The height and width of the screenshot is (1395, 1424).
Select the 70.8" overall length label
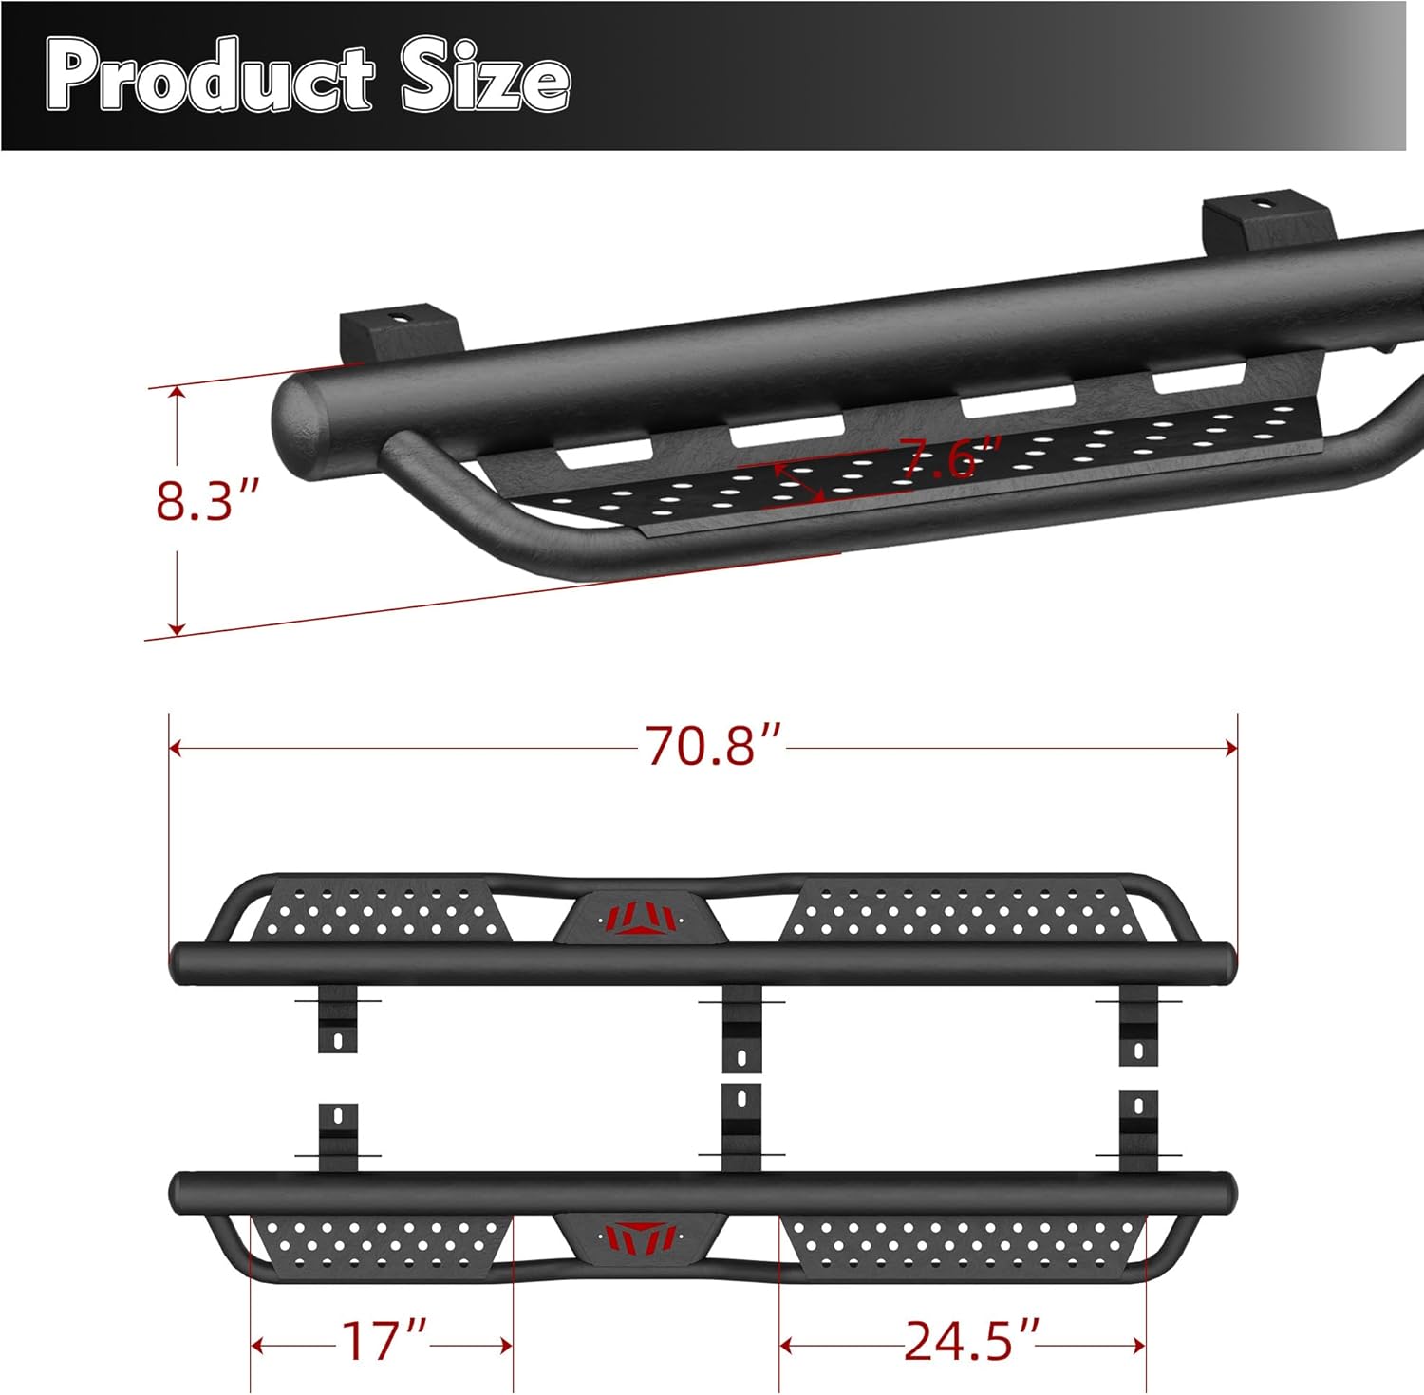(714, 746)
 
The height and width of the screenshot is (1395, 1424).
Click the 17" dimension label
(383, 1342)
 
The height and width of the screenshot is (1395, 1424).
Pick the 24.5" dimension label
(971, 1342)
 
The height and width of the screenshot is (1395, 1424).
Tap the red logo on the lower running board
(642, 1235)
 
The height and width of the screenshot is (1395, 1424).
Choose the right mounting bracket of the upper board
(1138, 1027)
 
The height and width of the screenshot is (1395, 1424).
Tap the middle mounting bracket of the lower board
(741, 1127)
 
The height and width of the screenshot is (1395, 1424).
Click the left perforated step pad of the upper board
(380, 911)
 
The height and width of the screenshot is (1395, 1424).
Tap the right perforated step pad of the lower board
(959, 1244)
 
